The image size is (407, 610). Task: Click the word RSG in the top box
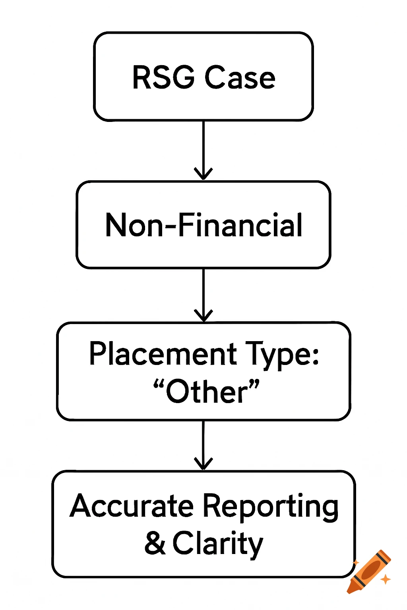163,77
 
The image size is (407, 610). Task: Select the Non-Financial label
203,225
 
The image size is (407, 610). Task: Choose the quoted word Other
207,392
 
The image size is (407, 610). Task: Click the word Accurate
132,506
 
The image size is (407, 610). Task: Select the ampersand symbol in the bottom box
155,543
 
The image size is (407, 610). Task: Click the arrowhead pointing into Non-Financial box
203,174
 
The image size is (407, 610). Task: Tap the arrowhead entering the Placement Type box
203,315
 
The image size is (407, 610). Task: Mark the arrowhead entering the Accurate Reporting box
203,464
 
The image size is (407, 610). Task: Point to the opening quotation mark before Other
159,384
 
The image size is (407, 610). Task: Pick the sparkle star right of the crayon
385,580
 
